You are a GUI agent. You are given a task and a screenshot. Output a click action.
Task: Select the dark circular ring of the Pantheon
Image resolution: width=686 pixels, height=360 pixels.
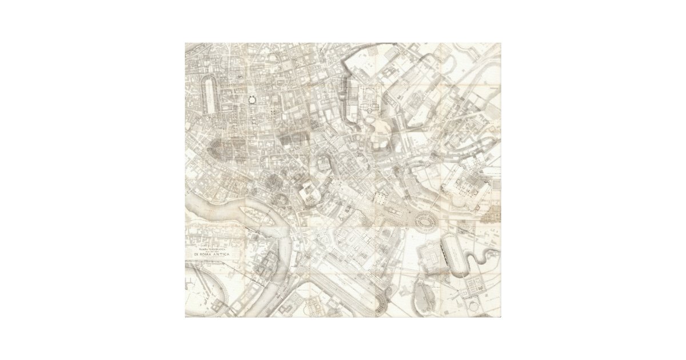251,99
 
